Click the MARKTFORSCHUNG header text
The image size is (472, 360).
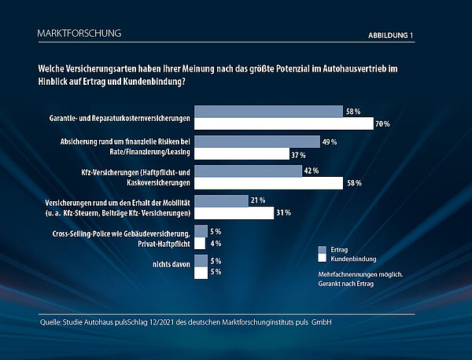point(79,34)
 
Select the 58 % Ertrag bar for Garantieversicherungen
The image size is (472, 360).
point(268,112)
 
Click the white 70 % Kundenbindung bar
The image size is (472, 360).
point(283,123)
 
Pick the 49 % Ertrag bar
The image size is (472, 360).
point(256,141)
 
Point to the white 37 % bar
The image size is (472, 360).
point(241,154)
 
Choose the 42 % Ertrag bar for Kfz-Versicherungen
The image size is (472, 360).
point(248,171)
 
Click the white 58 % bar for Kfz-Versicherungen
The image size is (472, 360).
point(268,183)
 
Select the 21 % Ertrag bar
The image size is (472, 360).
point(221,201)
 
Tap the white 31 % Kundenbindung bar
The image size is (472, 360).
point(232,213)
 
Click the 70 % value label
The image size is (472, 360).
point(383,124)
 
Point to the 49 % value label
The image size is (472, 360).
point(330,142)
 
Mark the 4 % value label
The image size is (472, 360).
point(215,244)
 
